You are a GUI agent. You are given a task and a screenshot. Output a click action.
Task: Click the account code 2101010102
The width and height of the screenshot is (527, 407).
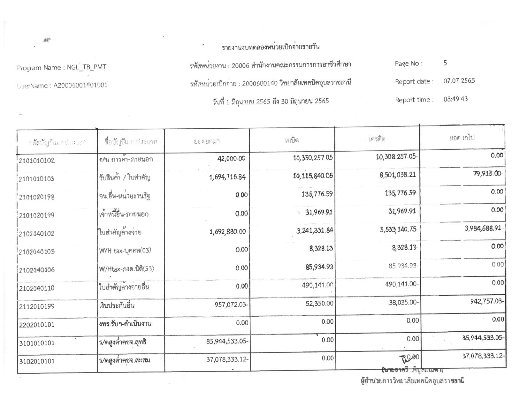(x=37, y=160)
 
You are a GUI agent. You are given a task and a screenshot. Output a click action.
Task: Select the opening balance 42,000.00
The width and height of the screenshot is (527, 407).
(x=232, y=159)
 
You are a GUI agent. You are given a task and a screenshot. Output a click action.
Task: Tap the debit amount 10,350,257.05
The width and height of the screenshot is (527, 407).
(x=313, y=157)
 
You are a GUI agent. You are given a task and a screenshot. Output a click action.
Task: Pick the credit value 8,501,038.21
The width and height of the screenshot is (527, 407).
(x=398, y=175)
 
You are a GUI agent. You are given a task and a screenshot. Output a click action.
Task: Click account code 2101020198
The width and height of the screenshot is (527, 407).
(x=37, y=197)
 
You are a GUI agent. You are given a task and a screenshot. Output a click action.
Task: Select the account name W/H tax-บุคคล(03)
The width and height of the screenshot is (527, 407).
(x=125, y=251)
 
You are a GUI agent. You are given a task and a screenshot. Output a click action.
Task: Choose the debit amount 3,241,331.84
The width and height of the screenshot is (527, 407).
(x=315, y=230)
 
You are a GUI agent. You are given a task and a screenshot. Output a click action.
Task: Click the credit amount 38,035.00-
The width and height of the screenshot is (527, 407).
(x=403, y=302)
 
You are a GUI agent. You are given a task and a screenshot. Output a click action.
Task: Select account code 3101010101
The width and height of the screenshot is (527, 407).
(x=37, y=343)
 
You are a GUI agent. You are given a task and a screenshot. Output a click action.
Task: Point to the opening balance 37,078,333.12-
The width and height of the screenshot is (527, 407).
(x=227, y=359)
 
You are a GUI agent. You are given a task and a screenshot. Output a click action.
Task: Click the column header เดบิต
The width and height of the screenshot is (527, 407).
(x=292, y=140)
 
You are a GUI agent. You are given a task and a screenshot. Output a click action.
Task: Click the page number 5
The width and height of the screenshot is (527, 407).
(x=445, y=63)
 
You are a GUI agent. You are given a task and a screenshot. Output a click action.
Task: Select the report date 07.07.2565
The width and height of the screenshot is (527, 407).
(x=459, y=80)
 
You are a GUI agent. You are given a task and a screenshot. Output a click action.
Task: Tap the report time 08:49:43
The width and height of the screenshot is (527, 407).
(x=455, y=99)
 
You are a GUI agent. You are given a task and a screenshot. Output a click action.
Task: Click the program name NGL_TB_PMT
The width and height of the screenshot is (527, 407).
(x=87, y=67)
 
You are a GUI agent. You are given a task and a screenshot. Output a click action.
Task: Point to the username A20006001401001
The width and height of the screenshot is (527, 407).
(x=80, y=85)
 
